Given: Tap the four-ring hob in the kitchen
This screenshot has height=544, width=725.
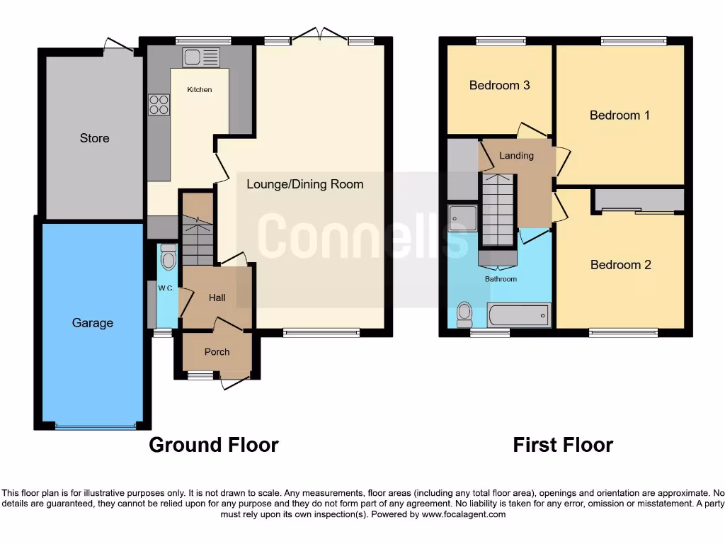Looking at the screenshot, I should (159, 105).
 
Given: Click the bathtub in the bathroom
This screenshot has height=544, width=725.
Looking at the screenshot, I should (518, 314).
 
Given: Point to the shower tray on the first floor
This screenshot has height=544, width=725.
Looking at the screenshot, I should (463, 219).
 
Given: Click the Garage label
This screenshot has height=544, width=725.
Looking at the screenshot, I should (93, 323).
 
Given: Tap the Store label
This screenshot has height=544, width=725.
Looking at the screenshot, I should (94, 138).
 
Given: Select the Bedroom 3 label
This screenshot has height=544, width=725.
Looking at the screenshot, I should (500, 85).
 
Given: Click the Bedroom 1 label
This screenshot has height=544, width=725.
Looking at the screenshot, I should (620, 115).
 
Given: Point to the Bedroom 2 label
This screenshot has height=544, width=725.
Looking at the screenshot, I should (621, 265).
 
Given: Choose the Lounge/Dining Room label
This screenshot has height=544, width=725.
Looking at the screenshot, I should (305, 184).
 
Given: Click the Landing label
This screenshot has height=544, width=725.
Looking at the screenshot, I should (516, 155).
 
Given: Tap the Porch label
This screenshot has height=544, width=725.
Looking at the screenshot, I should (217, 352).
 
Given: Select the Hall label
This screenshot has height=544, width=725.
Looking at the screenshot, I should (217, 297).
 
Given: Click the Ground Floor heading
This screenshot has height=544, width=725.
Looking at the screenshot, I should (213, 445).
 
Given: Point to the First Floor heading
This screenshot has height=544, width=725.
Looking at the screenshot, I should (563, 445).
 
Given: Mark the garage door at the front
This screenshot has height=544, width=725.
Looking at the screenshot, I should (95, 426).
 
